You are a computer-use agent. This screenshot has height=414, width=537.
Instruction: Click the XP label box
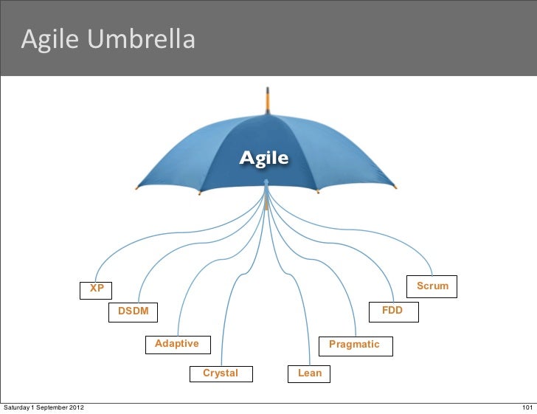coord(97,289)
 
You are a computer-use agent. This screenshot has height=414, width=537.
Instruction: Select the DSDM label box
coord(133,311)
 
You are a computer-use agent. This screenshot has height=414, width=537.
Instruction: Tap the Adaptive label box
coord(177,344)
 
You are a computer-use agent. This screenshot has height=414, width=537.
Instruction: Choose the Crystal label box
coord(221,373)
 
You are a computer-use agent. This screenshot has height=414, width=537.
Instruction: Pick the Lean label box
coord(310,373)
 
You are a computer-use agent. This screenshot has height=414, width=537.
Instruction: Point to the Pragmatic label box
coord(354,345)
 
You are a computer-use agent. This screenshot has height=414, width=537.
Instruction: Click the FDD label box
coord(392,311)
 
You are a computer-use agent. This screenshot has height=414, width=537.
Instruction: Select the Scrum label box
coord(432,286)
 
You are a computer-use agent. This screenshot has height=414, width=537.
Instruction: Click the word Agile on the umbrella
coord(263,158)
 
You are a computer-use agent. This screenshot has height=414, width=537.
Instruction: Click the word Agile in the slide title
coord(51,40)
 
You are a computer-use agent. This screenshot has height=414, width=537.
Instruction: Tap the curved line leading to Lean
coord(299,295)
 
